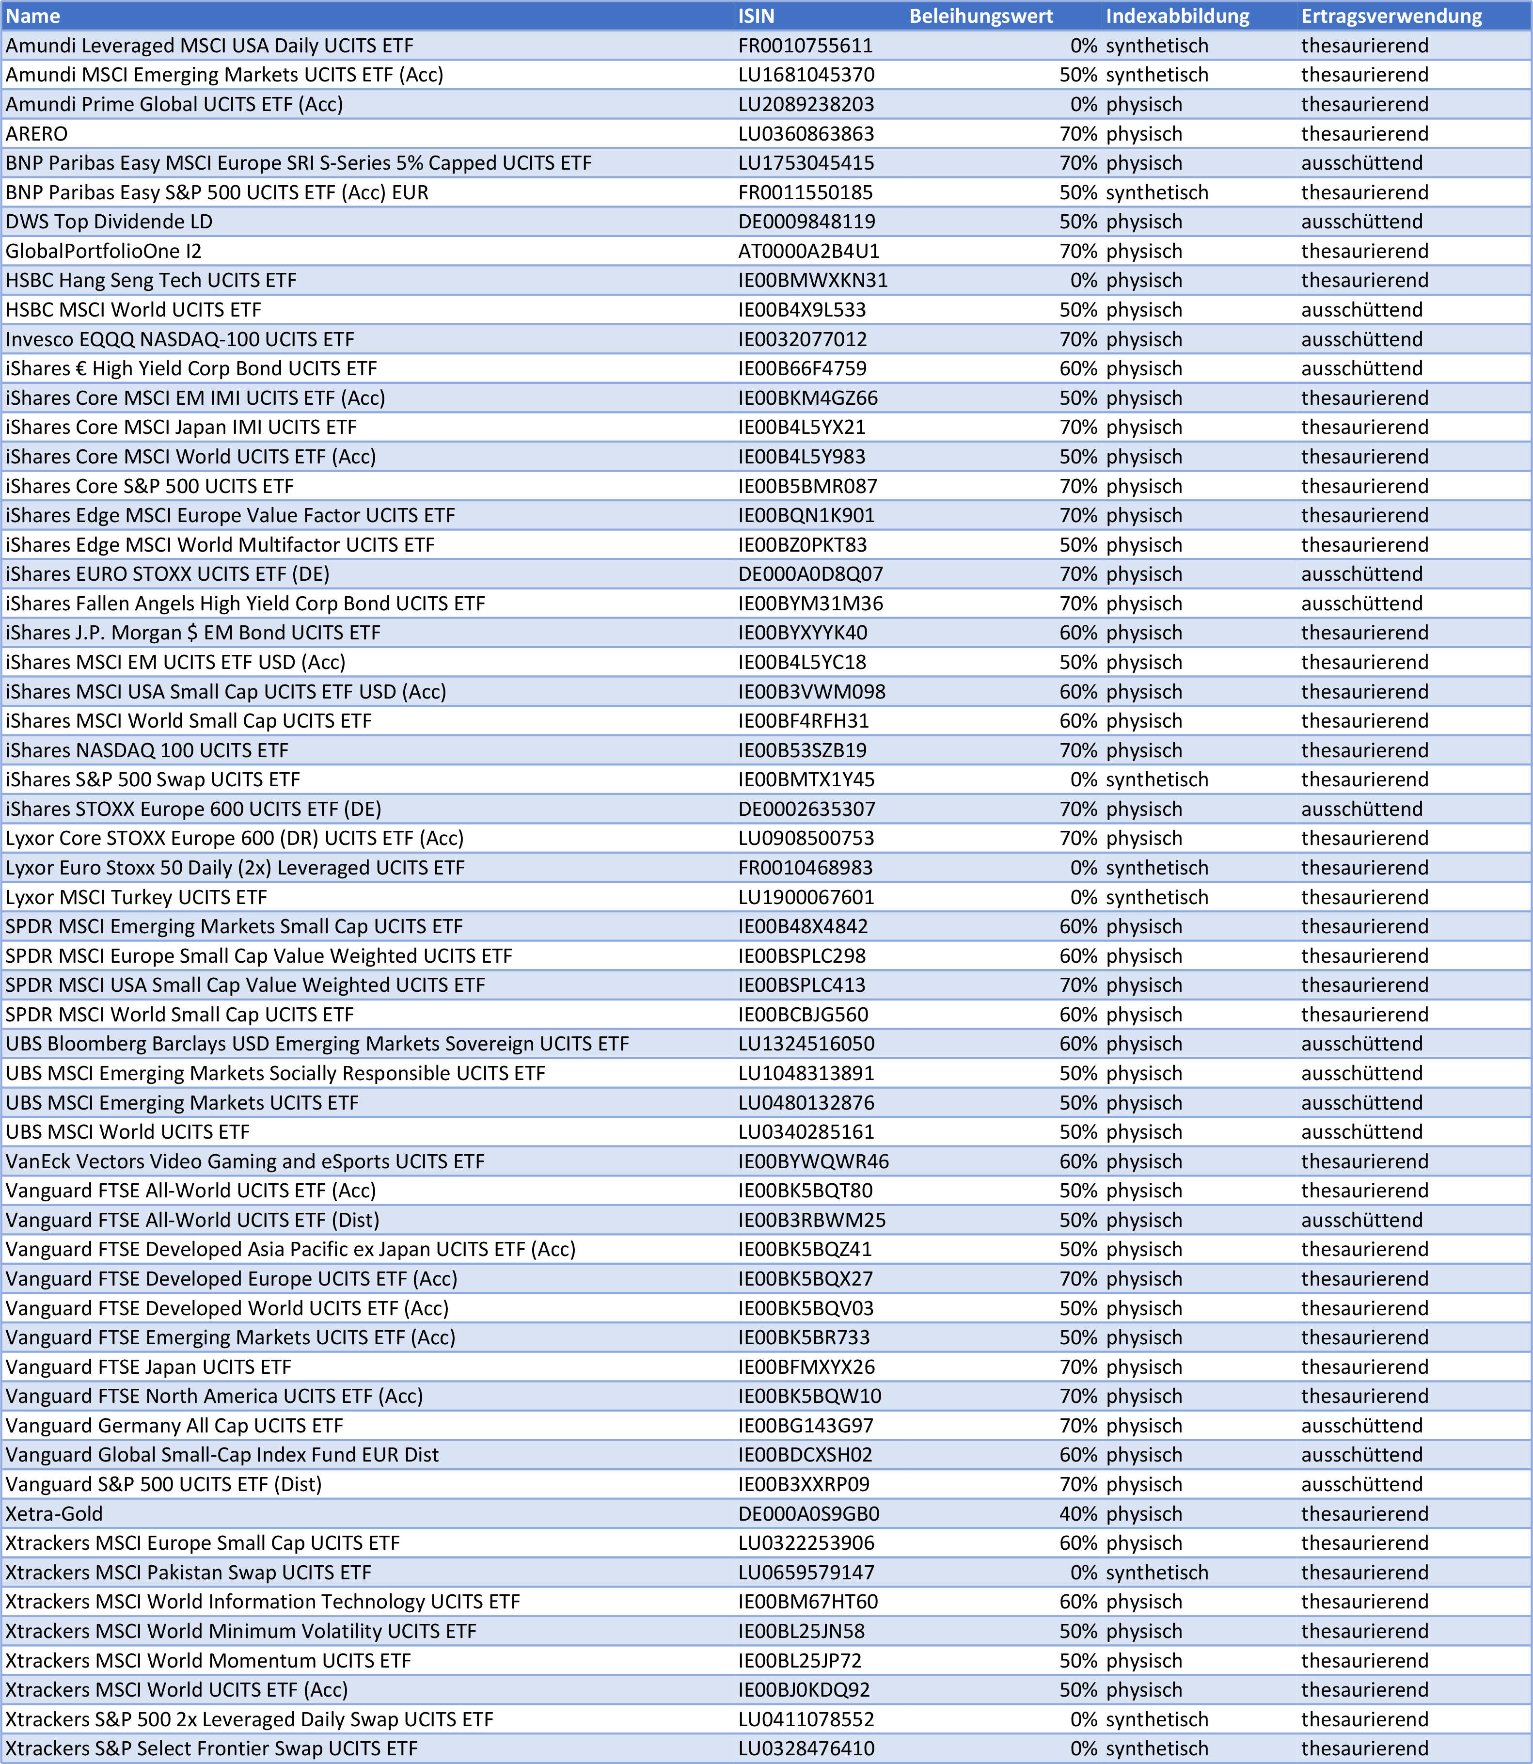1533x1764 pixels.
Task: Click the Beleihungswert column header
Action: (980, 16)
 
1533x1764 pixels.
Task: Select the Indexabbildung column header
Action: (1177, 16)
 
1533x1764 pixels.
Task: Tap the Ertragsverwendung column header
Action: (1391, 16)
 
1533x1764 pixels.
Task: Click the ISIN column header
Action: (756, 16)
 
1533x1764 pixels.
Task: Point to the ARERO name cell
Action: (37, 134)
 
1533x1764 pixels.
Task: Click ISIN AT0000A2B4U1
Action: (808, 252)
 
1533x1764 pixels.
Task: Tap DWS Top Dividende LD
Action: (109, 222)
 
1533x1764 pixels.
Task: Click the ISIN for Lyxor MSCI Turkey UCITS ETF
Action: (806, 897)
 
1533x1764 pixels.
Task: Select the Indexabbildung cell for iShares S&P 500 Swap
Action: (1156, 780)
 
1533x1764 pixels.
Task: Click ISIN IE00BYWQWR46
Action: (813, 1162)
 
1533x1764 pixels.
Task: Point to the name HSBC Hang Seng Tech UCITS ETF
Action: (151, 281)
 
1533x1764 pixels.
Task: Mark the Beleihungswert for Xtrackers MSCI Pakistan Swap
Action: (1083, 1573)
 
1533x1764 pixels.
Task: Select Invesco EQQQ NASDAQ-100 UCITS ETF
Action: (180, 340)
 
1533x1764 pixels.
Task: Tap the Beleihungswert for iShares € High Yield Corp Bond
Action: (1078, 369)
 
